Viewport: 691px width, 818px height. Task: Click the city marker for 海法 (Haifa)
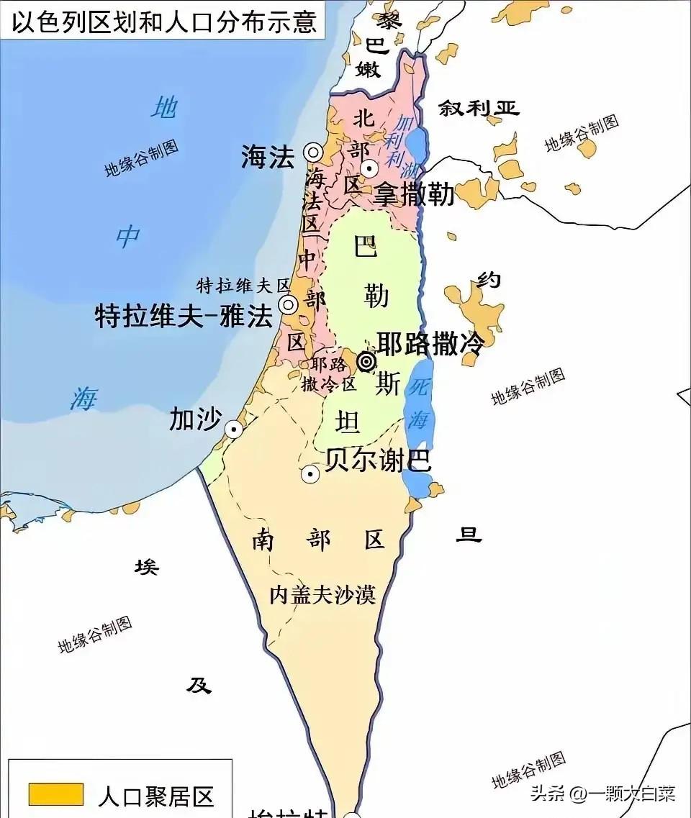point(312,152)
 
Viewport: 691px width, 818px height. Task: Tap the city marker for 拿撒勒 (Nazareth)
point(369,169)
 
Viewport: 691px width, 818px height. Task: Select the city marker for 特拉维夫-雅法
point(289,304)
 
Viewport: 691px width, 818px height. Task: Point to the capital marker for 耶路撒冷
point(366,360)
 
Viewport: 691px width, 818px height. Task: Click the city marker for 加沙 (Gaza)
point(233,429)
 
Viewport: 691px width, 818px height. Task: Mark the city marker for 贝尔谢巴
point(310,473)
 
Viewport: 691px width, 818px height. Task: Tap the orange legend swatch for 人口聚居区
point(55,794)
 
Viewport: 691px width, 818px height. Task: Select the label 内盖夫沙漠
point(322,594)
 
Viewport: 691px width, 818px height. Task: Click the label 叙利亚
point(479,109)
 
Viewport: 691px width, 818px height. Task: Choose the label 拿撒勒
point(414,194)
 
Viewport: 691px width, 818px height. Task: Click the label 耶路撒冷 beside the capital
point(430,343)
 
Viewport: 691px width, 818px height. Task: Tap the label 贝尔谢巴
point(378,460)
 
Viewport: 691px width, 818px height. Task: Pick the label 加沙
point(194,419)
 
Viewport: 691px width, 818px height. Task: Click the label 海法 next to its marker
point(268,158)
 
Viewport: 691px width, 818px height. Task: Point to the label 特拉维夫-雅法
point(184,317)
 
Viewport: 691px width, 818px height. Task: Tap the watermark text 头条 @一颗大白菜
point(602,793)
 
